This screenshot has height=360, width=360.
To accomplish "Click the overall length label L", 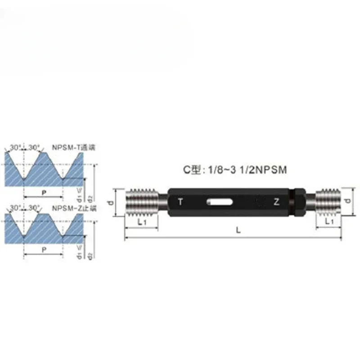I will point(238,229).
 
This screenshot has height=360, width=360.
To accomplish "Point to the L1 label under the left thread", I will point(141,222).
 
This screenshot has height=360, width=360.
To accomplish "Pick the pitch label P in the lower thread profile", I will point(43,249).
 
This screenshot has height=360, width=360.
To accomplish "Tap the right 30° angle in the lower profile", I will point(34,208).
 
